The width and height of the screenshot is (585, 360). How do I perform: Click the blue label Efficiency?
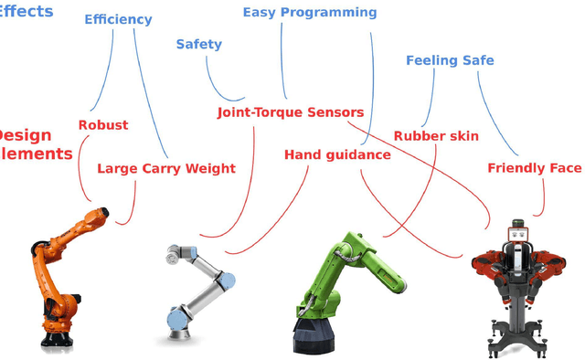(x=118, y=19)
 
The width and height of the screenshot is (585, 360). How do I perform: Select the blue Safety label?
(x=198, y=44)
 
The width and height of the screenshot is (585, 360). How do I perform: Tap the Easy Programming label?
(x=309, y=13)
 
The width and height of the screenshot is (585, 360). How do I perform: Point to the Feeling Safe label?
(x=450, y=60)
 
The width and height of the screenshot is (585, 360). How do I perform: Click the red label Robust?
(x=103, y=125)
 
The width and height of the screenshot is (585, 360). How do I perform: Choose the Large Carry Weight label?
(x=165, y=168)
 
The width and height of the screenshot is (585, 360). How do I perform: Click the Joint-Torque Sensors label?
(x=290, y=112)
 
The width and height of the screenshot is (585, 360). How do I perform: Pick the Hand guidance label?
(x=337, y=155)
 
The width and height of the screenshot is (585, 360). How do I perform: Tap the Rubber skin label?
(x=436, y=136)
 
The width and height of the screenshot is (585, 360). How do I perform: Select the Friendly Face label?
(x=534, y=168)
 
